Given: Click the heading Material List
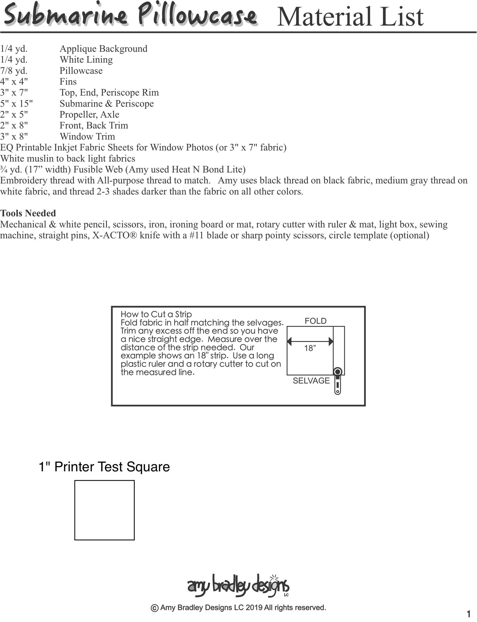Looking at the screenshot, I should (x=350, y=17).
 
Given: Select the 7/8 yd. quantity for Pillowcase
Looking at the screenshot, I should (x=14, y=71).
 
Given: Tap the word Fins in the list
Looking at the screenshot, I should (x=68, y=81).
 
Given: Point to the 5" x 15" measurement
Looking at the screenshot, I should (x=17, y=104).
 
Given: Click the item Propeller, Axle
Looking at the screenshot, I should (x=89, y=114).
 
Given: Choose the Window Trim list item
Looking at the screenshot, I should (x=87, y=137).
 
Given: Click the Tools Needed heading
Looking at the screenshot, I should (x=28, y=213).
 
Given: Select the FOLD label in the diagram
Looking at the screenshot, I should (x=316, y=321).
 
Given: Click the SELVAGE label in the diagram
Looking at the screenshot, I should (x=311, y=381).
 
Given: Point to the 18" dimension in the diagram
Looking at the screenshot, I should (x=310, y=348).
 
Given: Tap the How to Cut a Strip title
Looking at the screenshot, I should (x=156, y=314).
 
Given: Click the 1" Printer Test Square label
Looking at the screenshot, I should (x=104, y=467).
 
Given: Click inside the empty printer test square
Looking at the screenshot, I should (x=104, y=510).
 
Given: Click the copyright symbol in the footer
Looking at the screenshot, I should (x=154, y=608).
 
